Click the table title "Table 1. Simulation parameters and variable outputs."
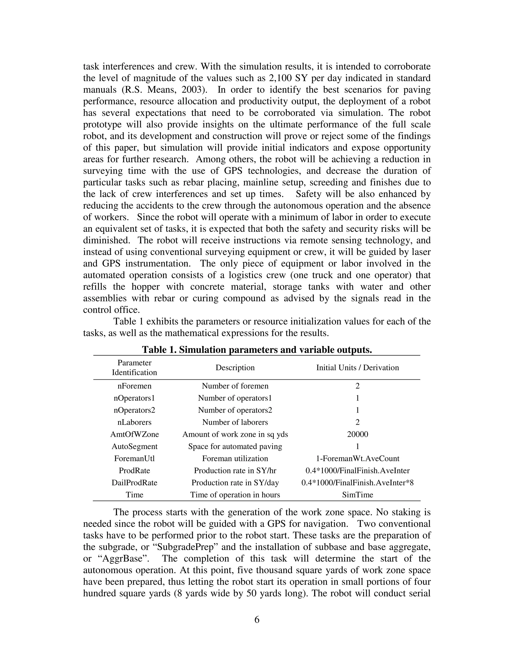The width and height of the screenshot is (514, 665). (x=257, y=350)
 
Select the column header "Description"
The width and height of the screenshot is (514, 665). (x=235, y=368)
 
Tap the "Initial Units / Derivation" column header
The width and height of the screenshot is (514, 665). (x=357, y=368)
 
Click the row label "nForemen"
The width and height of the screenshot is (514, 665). (x=134, y=386)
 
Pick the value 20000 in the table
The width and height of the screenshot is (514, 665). (x=357, y=434)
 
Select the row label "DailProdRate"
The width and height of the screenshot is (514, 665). (x=134, y=483)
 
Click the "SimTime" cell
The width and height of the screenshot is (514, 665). (x=357, y=495)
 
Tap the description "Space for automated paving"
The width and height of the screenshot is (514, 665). (x=235, y=447)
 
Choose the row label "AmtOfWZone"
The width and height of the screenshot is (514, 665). (x=134, y=434)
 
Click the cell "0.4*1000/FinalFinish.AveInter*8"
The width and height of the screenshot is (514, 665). (x=357, y=483)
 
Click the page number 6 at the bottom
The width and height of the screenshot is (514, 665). (x=257, y=620)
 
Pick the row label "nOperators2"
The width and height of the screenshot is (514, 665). (x=134, y=410)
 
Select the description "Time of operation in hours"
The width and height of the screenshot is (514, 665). (x=235, y=495)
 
